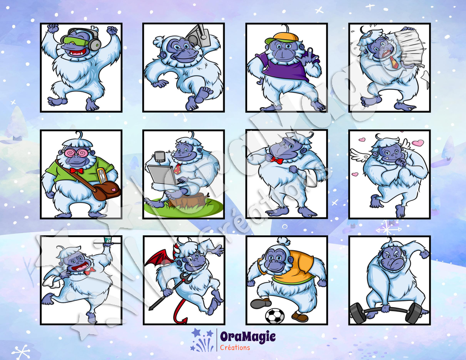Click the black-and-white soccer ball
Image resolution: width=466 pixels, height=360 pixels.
pyautogui.click(x=275, y=316)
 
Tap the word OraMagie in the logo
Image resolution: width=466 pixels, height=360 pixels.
pyautogui.click(x=248, y=337)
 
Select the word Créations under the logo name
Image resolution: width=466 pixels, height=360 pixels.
pyautogui.click(x=235, y=347)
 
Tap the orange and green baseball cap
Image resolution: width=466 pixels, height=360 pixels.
pyautogui.click(x=282, y=37)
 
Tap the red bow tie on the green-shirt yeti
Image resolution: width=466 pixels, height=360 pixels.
pyautogui.click(x=77, y=170)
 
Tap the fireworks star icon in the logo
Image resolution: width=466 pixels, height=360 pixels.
pyautogui.click(x=202, y=340)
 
